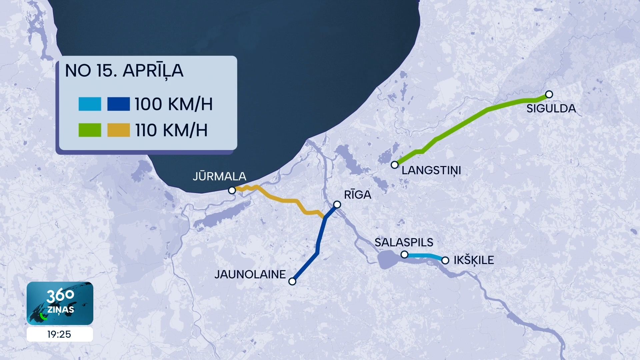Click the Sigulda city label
coord(551,109)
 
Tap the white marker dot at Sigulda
coord(549,94)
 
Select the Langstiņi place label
coord(431,170)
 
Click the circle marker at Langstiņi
coord(395,165)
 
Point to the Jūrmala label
coord(219,176)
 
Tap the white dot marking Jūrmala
coord(232,190)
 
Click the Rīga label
coord(357,195)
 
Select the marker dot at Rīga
coord(337,204)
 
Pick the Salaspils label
coord(404,242)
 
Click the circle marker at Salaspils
coord(404,255)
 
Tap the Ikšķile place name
coord(474,260)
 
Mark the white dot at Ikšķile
coord(445,260)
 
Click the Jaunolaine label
coord(250,274)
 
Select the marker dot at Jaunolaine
coord(292,281)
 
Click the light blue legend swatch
coord(90,104)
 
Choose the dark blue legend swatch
coord(118,104)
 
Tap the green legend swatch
coord(90,130)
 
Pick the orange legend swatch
coord(118,130)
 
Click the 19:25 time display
coord(59,334)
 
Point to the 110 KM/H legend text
coord(171,130)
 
